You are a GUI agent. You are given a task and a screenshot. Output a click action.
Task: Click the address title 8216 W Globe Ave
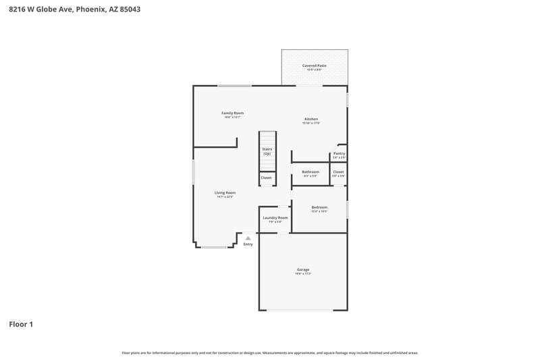pos(75,9)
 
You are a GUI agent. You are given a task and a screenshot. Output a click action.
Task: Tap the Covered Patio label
pos(315,66)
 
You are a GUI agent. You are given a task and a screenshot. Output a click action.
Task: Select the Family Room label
pos(233,113)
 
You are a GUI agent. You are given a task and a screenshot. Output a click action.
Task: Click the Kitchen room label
pos(311,119)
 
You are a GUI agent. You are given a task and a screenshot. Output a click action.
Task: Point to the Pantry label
pos(339,153)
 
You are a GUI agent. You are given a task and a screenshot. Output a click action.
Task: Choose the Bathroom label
pos(310,172)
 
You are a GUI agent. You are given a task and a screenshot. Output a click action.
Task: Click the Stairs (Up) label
pos(267,151)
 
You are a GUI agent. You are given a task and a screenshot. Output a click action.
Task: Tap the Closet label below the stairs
pos(267,178)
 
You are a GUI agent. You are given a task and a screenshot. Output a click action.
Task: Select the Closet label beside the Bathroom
pos(338,172)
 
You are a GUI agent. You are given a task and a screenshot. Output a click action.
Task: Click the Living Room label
pos(225,193)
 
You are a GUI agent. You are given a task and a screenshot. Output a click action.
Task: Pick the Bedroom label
pos(319,207)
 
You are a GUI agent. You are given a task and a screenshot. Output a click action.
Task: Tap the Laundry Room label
pos(275,217)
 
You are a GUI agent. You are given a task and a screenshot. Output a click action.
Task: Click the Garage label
pos(302,269)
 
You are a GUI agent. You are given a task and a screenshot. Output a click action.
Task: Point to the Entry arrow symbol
pos(248,238)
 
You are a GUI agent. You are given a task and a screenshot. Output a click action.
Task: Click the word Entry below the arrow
pos(248,244)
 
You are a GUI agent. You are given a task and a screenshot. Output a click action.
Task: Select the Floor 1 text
pos(21,324)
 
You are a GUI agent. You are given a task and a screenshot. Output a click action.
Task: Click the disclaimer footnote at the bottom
pos(270,353)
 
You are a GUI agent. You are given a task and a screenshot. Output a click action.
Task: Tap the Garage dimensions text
pos(302,274)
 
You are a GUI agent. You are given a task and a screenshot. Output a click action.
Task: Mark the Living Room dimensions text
pos(225,197)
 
